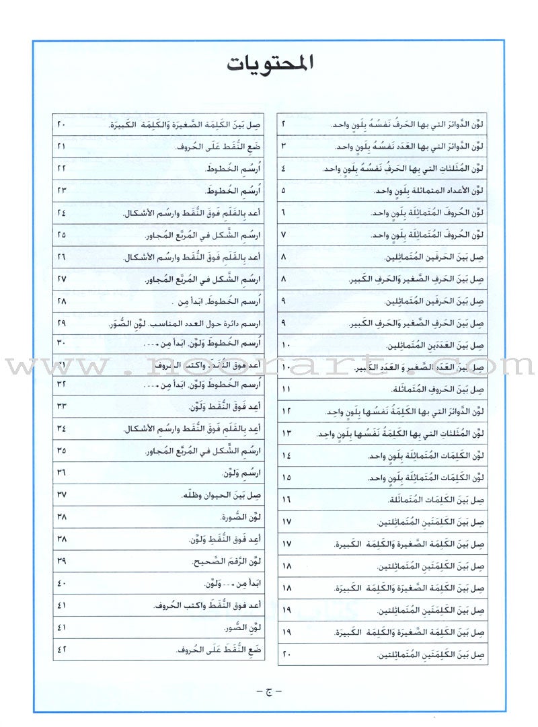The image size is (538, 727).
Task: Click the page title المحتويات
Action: (269, 67)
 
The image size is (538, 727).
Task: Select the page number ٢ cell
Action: (283, 125)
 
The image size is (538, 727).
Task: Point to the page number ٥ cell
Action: (283, 190)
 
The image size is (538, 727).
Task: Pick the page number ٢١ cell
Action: (63, 147)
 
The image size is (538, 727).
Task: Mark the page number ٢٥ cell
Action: (63, 235)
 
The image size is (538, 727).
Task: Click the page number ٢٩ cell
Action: (63, 323)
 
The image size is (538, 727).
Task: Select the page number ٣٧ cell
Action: (63, 495)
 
